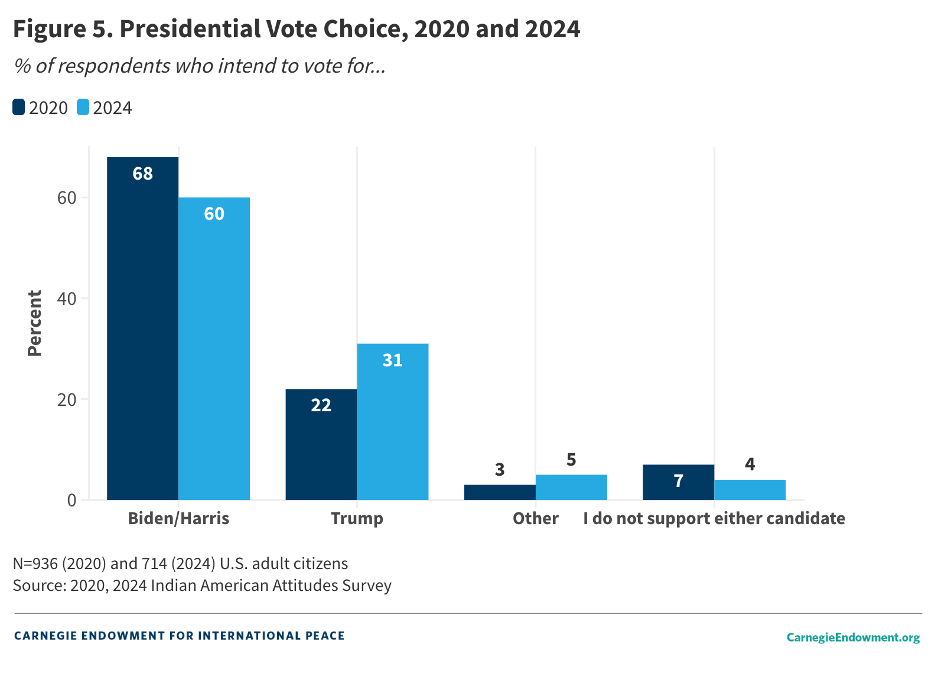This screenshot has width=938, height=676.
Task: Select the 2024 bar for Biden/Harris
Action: [214, 349]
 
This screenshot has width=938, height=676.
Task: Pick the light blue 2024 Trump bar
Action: [392, 422]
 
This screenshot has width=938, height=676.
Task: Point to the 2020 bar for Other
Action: [500, 492]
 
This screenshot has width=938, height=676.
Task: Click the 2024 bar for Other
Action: [571, 487]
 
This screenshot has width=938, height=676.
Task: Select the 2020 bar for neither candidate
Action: [678, 482]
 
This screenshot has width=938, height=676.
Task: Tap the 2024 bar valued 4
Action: [750, 490]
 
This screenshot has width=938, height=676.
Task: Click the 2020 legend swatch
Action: [19, 108]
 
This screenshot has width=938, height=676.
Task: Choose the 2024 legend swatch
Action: [83, 108]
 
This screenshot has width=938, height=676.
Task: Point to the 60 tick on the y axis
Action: [67, 198]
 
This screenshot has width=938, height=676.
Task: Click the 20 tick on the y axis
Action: [67, 399]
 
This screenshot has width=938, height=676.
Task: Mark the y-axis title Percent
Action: [35, 323]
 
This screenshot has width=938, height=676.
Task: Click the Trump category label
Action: [357, 518]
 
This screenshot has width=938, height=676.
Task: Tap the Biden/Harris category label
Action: [178, 518]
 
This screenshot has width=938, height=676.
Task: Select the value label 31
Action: [392, 360]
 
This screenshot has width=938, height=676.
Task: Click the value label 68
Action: [142, 174]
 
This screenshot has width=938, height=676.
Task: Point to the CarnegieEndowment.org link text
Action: [852, 637]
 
